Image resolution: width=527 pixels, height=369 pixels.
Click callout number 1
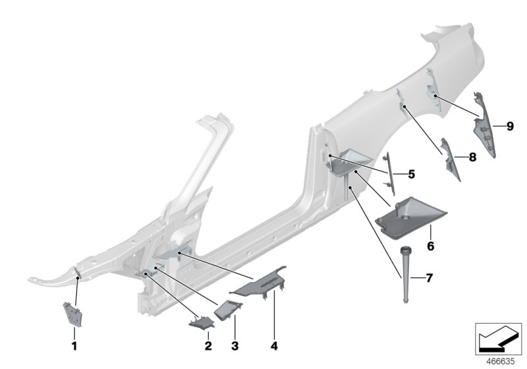[x=74, y=345]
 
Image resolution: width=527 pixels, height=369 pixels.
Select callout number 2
[x=208, y=345]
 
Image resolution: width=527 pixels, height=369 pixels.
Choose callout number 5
[x=411, y=175]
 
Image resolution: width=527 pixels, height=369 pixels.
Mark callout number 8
[x=472, y=157]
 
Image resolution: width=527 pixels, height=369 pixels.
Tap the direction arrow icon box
[x=498, y=338]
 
